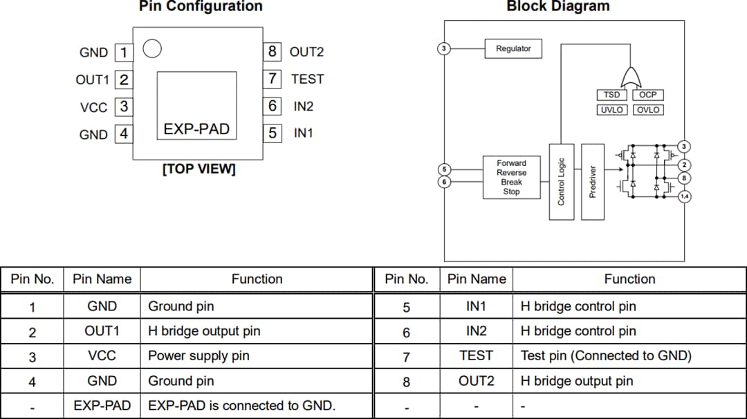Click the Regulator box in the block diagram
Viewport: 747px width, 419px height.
click(x=513, y=49)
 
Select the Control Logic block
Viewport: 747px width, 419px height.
click(x=561, y=182)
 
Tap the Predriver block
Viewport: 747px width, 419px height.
click(x=593, y=182)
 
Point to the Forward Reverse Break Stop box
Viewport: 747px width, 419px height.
click(x=511, y=178)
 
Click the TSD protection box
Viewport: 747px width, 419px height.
click(x=611, y=95)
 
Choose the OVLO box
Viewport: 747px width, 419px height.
click(x=648, y=110)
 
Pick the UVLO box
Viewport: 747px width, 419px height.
click(x=611, y=110)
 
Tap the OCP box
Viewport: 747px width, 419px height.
click(x=648, y=95)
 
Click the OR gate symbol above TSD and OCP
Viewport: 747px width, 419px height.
click(x=630, y=75)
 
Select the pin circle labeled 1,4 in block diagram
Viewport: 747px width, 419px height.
click(x=684, y=197)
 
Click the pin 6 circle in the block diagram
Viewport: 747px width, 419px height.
click(x=445, y=182)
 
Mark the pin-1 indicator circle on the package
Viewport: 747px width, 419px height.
click(x=151, y=48)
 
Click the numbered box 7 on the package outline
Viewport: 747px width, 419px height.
click(x=273, y=79)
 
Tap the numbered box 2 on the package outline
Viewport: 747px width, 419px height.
click(x=124, y=80)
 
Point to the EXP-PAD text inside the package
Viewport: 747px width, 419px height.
click(x=196, y=129)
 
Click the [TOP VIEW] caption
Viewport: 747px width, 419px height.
click(x=199, y=169)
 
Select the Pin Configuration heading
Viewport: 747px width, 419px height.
click(x=201, y=7)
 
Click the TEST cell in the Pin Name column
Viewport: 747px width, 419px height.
click(x=476, y=356)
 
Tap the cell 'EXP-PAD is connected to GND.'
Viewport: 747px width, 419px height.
click(x=241, y=406)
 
